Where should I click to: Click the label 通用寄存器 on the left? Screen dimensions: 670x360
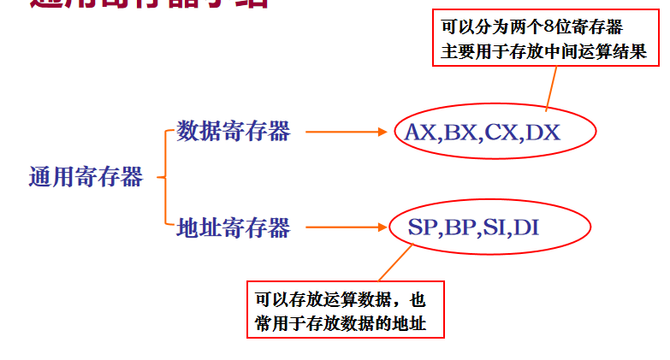[86, 178]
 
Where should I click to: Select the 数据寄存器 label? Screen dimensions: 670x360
[234, 131]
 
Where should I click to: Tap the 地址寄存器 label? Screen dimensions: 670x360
[234, 227]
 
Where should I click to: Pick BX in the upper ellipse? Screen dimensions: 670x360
[461, 133]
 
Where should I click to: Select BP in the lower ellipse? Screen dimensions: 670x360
[463, 228]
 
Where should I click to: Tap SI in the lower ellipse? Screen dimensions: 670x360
[499, 228]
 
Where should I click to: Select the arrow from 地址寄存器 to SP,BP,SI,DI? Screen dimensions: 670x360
[341, 228]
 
